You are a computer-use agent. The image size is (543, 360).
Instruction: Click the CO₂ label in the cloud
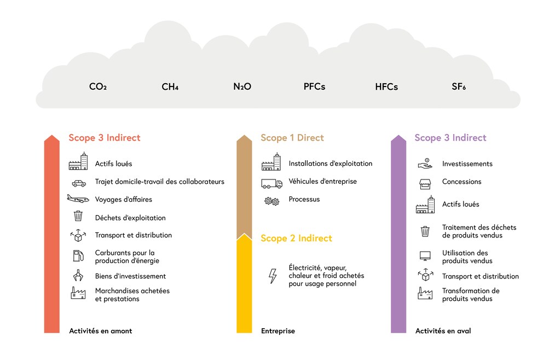click(x=98, y=86)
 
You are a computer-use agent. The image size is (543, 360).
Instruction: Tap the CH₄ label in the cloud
click(x=170, y=86)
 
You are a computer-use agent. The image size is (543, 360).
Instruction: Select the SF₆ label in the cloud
click(x=459, y=86)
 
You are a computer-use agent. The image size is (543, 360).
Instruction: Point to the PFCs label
click(x=314, y=86)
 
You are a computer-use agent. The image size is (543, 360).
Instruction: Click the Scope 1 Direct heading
click(x=292, y=138)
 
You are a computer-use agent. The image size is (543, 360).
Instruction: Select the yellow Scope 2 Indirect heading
click(x=297, y=238)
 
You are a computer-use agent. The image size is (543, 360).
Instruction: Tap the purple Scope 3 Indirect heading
click(x=450, y=138)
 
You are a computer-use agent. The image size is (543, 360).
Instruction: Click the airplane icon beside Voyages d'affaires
click(x=78, y=199)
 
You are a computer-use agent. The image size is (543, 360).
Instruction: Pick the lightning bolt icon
click(x=273, y=276)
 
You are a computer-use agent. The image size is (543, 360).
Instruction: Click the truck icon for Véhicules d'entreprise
click(x=272, y=183)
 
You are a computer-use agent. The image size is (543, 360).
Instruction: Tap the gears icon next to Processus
click(x=272, y=201)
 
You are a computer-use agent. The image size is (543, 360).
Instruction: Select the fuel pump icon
click(x=78, y=256)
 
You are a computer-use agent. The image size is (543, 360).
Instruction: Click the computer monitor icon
click(x=425, y=256)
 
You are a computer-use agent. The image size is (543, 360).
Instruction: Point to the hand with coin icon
click(x=425, y=164)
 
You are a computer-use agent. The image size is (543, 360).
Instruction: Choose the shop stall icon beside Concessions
click(x=425, y=184)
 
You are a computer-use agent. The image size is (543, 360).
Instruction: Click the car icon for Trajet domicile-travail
click(x=79, y=183)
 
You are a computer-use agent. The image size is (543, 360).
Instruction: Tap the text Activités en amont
click(x=100, y=331)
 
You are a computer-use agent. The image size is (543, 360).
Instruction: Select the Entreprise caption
click(x=278, y=331)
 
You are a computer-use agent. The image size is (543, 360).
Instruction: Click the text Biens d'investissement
click(x=131, y=276)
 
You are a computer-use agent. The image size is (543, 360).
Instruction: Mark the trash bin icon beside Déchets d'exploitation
click(x=78, y=216)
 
